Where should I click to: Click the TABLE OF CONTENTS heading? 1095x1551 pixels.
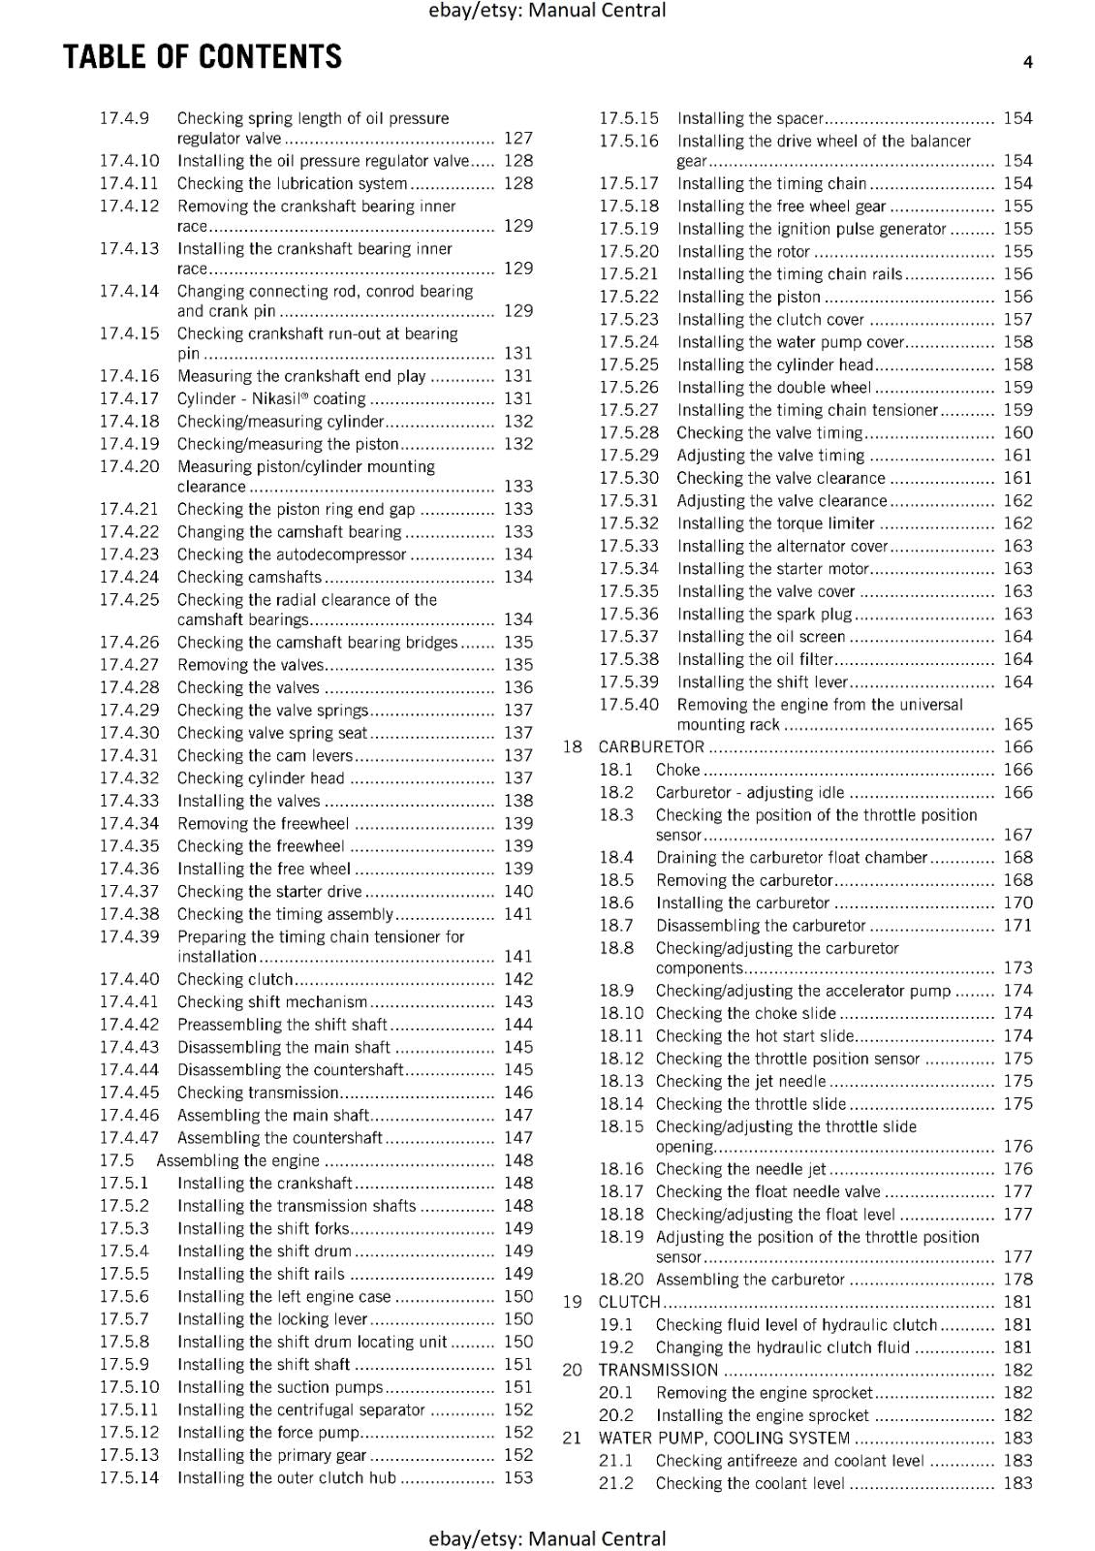pos(203,57)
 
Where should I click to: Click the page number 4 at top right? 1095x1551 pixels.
pos(1027,62)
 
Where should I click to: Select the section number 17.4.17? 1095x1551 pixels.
pos(129,398)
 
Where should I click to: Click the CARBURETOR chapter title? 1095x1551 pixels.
pos(651,747)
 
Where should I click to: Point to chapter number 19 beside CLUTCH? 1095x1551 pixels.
pos(572,1302)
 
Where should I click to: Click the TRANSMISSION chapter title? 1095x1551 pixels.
pos(658,1370)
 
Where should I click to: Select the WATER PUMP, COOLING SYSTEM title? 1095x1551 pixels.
pos(724,1438)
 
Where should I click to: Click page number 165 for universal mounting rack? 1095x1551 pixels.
pos(1017,724)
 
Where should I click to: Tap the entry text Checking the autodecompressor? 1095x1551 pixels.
pos(291,554)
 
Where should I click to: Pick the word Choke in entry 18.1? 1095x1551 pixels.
pos(677,770)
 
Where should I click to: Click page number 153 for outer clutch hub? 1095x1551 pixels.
pos(518,1477)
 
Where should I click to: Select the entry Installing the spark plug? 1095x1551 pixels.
pos(764,614)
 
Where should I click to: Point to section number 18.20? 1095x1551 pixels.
pos(620,1280)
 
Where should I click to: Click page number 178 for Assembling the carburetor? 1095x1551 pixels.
pos(1017,1280)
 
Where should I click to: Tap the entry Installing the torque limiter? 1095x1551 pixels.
pos(775,523)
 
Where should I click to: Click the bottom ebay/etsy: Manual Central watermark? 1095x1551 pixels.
pos(547,1538)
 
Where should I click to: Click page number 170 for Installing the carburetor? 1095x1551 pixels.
pos(1017,902)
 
